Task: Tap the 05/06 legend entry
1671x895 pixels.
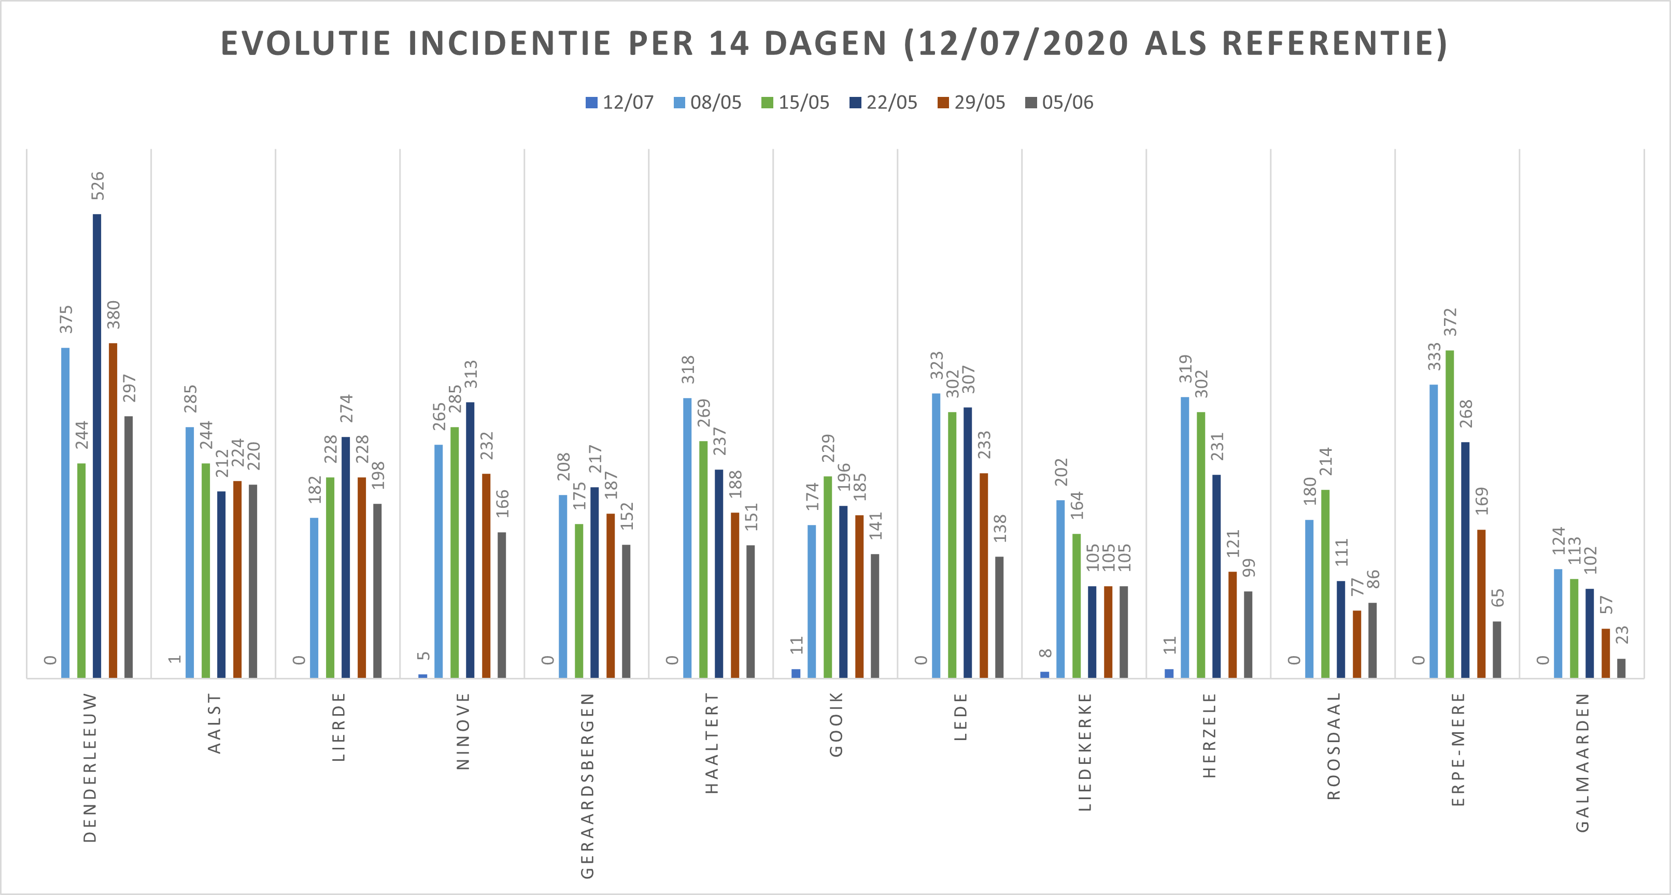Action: click(1059, 103)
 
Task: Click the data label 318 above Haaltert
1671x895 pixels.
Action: click(688, 369)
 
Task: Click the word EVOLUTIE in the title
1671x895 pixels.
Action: click(305, 44)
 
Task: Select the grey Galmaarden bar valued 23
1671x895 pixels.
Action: click(1621, 669)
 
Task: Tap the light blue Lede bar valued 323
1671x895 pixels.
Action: click(936, 536)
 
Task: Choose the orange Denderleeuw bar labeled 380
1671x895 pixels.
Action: click(113, 510)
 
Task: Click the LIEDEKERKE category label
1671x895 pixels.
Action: click(1085, 752)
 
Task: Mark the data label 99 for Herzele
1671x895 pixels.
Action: click(1248, 567)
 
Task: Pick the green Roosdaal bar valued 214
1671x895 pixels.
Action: click(1325, 584)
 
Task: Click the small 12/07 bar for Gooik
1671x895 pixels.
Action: click(796, 673)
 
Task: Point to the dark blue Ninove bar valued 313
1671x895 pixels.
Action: click(470, 540)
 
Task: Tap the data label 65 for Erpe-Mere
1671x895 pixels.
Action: click(1497, 598)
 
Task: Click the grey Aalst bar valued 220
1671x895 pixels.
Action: click(253, 581)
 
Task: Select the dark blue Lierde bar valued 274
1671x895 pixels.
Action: click(346, 558)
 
